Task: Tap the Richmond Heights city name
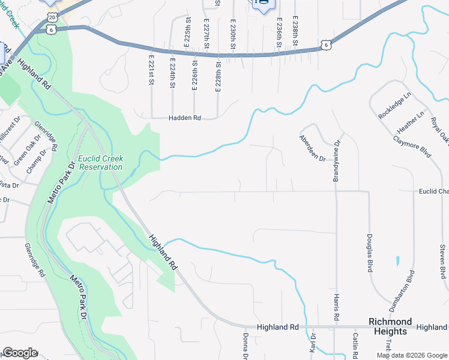pos(390,326)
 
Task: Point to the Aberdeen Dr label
pos(312,148)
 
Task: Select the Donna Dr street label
pos(246,346)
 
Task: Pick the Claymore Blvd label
pos(412,145)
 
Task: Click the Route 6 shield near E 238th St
pos(325,44)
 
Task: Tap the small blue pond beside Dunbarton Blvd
pos(397,261)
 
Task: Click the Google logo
pos(20,353)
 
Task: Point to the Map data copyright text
pos(412,355)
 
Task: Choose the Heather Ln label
pos(411,122)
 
